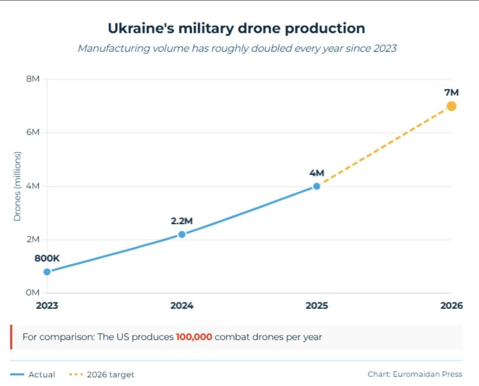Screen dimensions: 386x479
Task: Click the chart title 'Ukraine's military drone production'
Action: click(x=236, y=28)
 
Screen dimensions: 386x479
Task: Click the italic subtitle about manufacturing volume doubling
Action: click(x=237, y=48)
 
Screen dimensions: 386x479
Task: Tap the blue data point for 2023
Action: click(x=47, y=272)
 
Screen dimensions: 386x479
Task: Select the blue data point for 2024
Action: click(x=181, y=234)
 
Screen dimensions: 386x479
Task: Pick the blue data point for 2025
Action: click(x=316, y=186)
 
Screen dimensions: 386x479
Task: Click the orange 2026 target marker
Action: click(x=451, y=106)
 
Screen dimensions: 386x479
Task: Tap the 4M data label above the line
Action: click(x=316, y=173)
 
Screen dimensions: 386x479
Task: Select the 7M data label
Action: click(x=451, y=92)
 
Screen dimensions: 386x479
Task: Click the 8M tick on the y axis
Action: click(x=33, y=79)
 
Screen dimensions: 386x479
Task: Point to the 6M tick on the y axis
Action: click(x=33, y=133)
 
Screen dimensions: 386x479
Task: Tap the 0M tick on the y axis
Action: click(x=33, y=293)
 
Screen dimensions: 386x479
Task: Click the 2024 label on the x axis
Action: click(x=181, y=306)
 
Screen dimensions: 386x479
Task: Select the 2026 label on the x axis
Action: click(x=451, y=306)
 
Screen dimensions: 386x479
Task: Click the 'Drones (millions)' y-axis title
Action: click(x=17, y=186)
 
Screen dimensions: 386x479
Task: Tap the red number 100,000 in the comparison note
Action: click(x=193, y=337)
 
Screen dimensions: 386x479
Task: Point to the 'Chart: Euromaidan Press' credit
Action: click(x=415, y=374)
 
